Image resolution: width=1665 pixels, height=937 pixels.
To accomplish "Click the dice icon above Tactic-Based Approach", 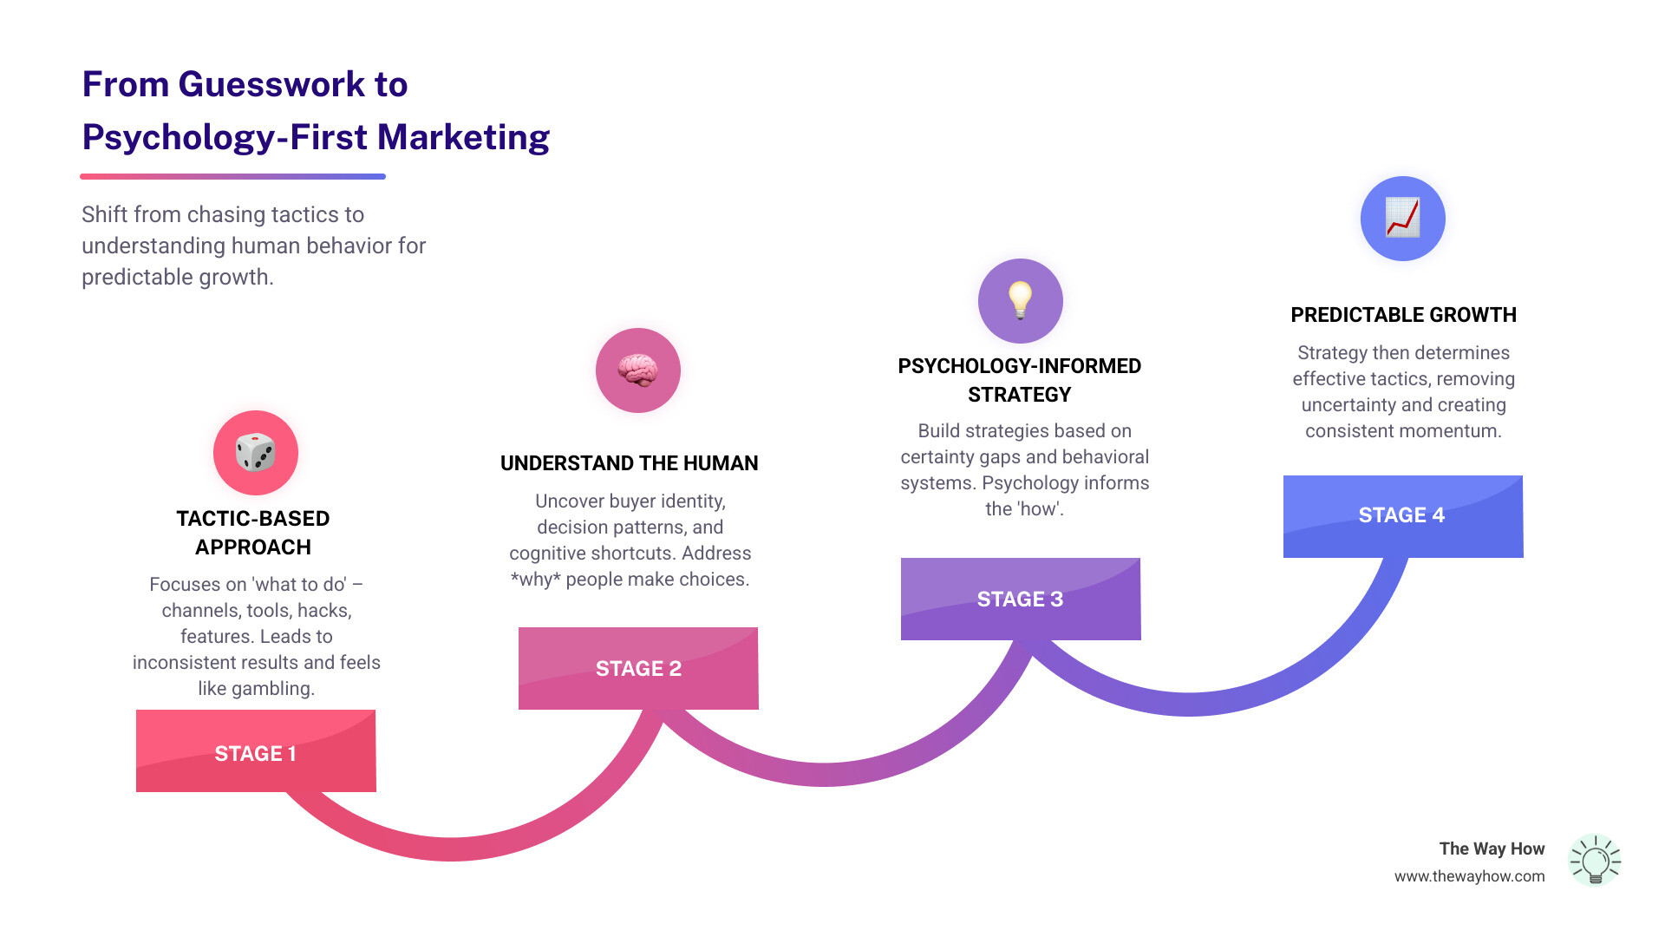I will (256, 453).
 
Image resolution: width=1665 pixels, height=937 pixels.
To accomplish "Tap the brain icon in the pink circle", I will (638, 370).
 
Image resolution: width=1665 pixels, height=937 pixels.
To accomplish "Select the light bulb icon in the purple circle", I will (1021, 300).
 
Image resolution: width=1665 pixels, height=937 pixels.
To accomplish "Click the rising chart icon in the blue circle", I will (1403, 218).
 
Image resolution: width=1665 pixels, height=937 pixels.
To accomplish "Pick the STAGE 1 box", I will (256, 751).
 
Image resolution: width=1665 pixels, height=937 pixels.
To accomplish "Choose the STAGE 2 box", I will (638, 668).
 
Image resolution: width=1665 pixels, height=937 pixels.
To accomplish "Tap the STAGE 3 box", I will (1021, 599).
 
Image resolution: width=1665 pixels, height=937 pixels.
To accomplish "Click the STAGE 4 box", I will (1403, 516).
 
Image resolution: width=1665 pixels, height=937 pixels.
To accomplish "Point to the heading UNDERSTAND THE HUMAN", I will (629, 463).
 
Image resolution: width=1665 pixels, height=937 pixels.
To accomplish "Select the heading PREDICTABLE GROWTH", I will (1403, 315).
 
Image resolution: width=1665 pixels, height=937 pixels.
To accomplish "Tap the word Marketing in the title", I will (463, 137).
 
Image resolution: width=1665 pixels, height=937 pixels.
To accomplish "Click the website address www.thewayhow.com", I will (1469, 876).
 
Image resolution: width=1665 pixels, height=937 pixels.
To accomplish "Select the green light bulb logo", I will (1595, 860).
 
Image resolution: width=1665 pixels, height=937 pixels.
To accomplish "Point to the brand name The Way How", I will (1492, 849).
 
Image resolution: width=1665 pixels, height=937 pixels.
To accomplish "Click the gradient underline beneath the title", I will (232, 176).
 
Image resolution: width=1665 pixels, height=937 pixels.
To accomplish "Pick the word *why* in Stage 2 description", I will (535, 580).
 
